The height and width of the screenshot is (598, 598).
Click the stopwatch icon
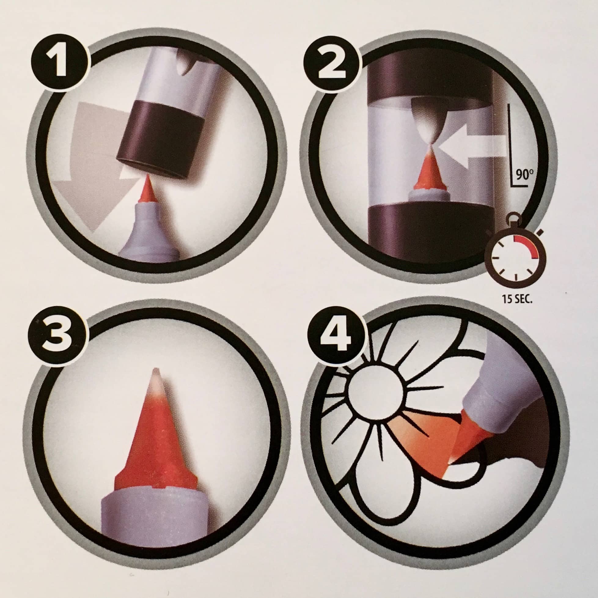pyautogui.click(x=515, y=251)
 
